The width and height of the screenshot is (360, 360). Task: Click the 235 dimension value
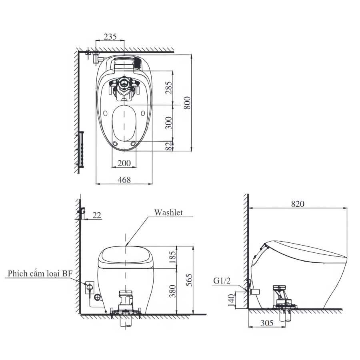pos(110,36)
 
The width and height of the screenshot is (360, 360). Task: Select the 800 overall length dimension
pos(187,103)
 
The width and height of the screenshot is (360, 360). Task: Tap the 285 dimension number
pos(169,88)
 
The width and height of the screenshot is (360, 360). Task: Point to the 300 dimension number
pos(169,123)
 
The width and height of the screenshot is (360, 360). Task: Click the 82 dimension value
pos(169,146)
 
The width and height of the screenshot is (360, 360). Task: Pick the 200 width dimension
pos(124,163)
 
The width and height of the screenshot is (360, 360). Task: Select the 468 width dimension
pos(124,180)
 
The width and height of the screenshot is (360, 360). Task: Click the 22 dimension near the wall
pos(97,215)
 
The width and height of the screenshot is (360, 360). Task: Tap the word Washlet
pos(168,212)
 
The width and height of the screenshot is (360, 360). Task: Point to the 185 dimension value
pos(172,257)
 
